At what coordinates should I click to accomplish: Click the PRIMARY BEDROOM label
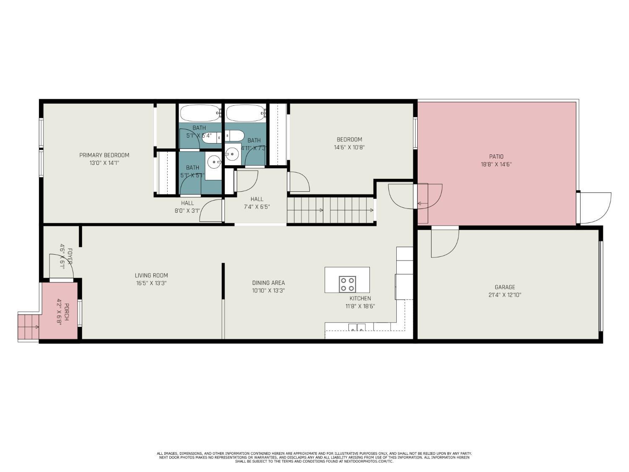pyautogui.click(x=104, y=155)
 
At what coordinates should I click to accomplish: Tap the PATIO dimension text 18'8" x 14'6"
pyautogui.click(x=496, y=164)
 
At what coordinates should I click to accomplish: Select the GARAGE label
pyautogui.click(x=504, y=287)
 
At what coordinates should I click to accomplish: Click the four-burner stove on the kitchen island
pyautogui.click(x=347, y=284)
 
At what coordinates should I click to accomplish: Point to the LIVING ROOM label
pyautogui.click(x=151, y=276)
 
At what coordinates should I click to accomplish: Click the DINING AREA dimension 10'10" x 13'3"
pyautogui.click(x=268, y=290)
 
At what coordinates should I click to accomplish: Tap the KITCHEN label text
pyautogui.click(x=360, y=298)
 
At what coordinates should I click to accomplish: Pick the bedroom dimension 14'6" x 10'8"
pyautogui.click(x=349, y=147)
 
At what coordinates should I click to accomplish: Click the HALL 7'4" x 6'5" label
pyautogui.click(x=257, y=203)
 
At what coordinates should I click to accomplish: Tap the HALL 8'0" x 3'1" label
pyautogui.click(x=187, y=207)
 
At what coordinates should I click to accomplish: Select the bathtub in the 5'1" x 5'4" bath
pyautogui.click(x=200, y=113)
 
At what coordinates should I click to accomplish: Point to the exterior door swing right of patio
pyautogui.click(x=595, y=208)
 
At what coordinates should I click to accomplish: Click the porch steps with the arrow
pyautogui.click(x=28, y=327)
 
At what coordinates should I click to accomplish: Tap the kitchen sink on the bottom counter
pyautogui.click(x=356, y=327)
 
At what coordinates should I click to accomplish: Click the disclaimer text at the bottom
pyautogui.click(x=314, y=457)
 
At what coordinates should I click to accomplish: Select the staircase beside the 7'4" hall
pyautogui.click(x=330, y=210)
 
